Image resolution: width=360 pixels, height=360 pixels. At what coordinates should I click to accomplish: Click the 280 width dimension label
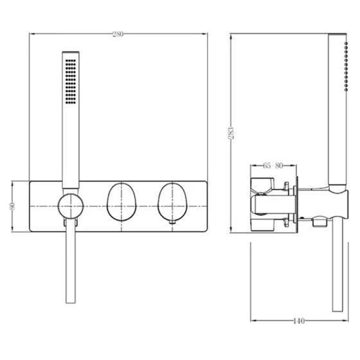(x=118, y=34)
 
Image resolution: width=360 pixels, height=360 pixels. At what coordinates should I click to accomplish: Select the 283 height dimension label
(x=231, y=133)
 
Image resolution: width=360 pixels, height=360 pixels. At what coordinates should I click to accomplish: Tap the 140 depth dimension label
(x=299, y=321)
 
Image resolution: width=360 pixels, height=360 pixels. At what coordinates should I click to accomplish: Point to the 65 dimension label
(x=267, y=165)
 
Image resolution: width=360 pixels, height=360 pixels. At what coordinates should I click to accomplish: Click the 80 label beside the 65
(x=279, y=165)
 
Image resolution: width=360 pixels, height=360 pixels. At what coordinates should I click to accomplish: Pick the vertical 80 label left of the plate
(x=12, y=206)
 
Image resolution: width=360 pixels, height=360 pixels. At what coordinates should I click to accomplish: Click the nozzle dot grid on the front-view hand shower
(x=71, y=82)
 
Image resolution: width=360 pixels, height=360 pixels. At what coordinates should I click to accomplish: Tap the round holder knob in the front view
(x=71, y=206)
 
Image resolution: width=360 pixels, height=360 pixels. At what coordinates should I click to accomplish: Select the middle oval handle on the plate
(x=122, y=202)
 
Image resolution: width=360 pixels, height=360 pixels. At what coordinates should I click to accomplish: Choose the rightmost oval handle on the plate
(x=172, y=202)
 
